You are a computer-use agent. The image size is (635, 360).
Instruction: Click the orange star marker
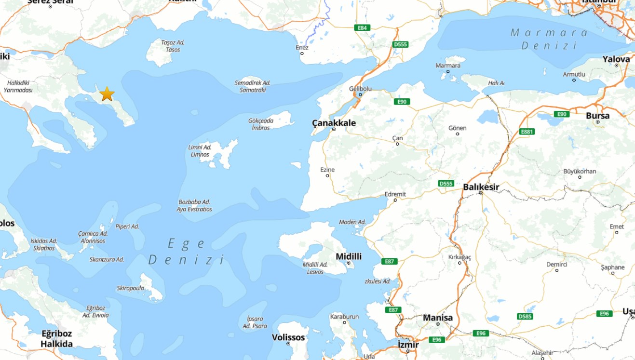coord(107,93)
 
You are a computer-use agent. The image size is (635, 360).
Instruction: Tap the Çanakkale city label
coord(334,123)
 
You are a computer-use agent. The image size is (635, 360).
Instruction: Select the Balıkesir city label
coord(481,187)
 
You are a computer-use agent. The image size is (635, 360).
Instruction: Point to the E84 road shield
coord(362,27)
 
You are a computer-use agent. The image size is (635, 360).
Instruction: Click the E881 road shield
coord(527,132)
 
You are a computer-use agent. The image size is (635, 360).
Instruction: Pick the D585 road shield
coord(525,316)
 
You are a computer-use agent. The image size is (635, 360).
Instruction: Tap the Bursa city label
coord(597,116)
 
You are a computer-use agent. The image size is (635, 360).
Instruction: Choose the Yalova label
coord(616,59)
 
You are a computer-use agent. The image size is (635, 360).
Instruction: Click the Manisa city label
coord(438,318)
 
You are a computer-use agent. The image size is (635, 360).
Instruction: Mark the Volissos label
coord(288,337)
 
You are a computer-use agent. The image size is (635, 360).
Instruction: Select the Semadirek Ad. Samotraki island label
coord(253,86)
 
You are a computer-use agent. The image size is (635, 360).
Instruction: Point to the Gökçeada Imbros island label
coord(261,124)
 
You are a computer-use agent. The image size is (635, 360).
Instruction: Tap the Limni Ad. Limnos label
coord(200,151)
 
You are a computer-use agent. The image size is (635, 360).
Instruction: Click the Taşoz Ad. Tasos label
coord(173,46)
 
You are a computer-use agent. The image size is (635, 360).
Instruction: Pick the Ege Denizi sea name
coord(187,252)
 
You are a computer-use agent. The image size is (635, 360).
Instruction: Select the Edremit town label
coord(395,194)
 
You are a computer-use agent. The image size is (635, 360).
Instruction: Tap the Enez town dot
coord(302,53)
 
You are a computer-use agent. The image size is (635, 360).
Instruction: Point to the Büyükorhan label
coord(580,172)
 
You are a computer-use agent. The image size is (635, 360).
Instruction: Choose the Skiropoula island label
coord(130,288)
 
